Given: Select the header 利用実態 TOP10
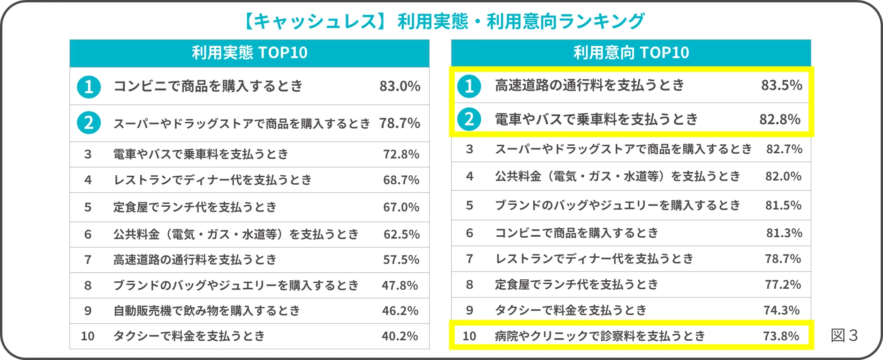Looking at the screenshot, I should click(249, 52).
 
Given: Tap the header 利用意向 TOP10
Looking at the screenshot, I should click(631, 52).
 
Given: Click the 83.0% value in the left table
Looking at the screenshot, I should click(400, 86).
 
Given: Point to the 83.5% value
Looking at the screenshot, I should click(781, 85).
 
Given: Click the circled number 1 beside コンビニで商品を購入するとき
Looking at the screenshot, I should click(89, 87).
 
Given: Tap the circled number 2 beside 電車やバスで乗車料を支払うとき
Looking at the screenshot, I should click(469, 120).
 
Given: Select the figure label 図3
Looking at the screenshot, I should click(844, 335).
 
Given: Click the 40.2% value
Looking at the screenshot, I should click(400, 336).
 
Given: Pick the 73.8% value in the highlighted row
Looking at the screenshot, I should click(781, 336).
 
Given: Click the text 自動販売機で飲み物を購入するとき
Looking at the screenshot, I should click(206, 311).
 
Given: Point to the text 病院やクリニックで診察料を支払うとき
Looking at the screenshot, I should click(600, 336).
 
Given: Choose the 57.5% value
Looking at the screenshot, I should click(401, 260).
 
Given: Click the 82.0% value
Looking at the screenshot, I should click(783, 176).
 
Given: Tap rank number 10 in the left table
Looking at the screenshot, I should click(88, 336).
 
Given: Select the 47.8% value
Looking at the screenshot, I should click(400, 285).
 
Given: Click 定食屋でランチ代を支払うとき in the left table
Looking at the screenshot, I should click(195, 207).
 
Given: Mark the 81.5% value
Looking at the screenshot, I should click(783, 205).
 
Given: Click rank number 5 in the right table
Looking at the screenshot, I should click(469, 205).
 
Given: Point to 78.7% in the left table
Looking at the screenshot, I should click(400, 123).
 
